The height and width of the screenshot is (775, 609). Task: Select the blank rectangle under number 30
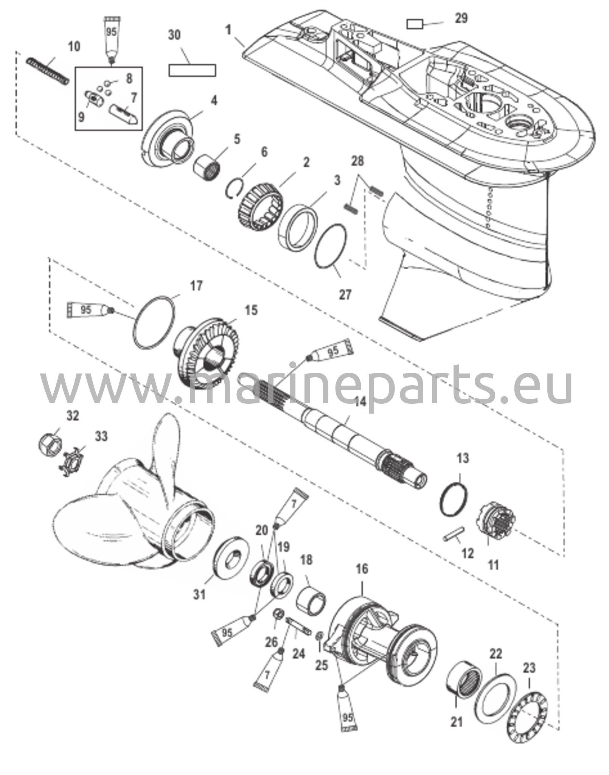click(x=192, y=70)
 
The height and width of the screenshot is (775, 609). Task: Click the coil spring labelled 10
click(x=48, y=71)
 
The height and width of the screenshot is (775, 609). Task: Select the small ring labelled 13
click(x=454, y=499)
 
